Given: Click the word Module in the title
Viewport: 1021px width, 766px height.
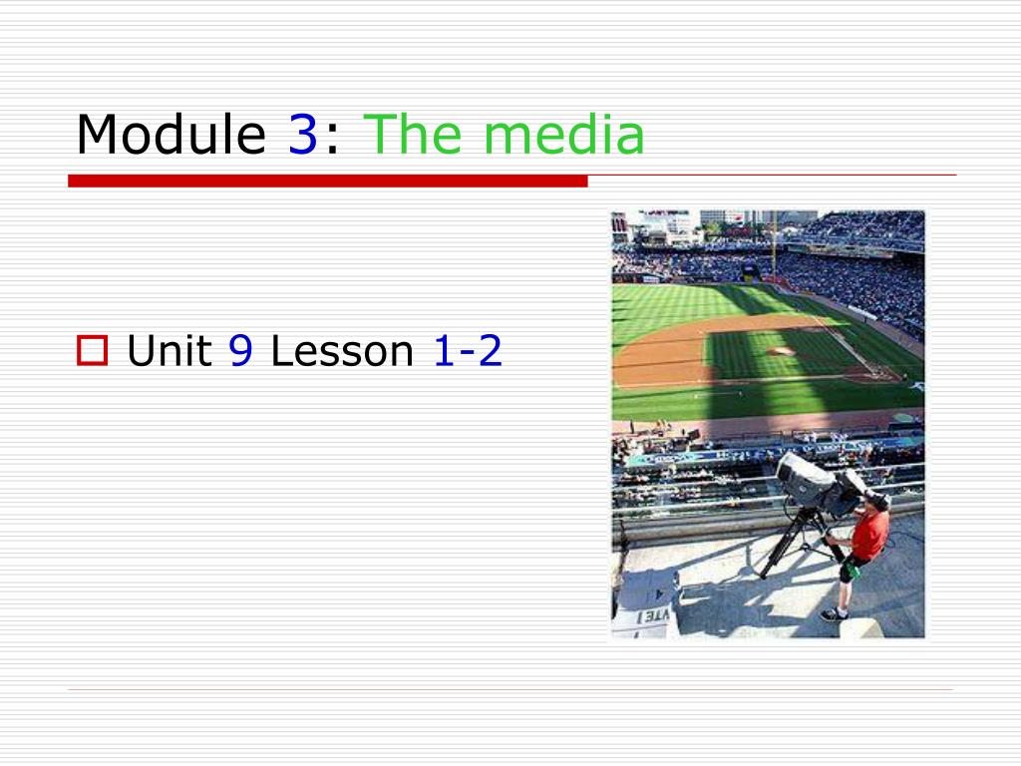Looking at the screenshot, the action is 171,134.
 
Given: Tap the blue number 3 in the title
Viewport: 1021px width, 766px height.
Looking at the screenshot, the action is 303,135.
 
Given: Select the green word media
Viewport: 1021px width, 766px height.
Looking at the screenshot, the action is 564,134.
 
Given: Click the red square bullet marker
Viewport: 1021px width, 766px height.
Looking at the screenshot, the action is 93,350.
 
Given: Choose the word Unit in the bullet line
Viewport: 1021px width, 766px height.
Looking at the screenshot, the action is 170,350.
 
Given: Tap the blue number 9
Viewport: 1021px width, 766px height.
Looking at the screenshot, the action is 240,350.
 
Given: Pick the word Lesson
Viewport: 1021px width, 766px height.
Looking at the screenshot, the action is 342,350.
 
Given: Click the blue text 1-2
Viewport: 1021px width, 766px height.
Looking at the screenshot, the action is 468,350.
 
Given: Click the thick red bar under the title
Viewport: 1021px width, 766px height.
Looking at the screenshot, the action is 327,182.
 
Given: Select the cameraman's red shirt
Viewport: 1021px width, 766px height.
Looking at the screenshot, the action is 868,535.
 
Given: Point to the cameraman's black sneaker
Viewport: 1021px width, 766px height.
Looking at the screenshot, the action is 835,614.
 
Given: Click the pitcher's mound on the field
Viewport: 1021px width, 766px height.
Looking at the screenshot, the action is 780,351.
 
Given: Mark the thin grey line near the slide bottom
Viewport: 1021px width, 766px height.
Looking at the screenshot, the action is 510,689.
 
